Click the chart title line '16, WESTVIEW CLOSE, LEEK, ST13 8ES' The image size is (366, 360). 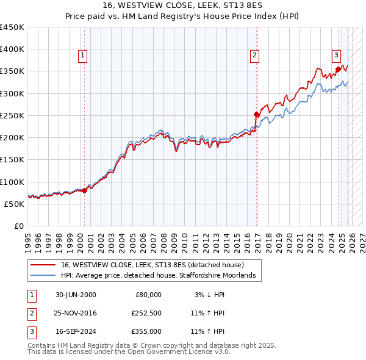pos(182,5)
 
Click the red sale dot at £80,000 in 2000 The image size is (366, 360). pos(85,190)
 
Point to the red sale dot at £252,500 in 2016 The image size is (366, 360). pos(257,114)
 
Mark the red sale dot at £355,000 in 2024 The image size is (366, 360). pos(338,69)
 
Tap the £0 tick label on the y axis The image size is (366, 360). pos(19,226)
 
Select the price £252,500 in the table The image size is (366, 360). pos(146,313)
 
